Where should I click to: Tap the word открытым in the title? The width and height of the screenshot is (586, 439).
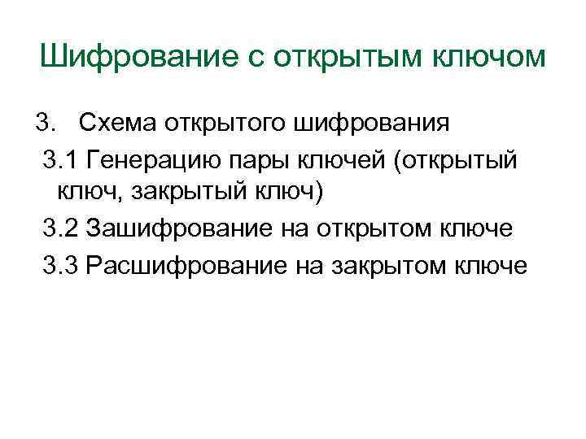coord(353,58)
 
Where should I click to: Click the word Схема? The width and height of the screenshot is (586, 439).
coord(116,124)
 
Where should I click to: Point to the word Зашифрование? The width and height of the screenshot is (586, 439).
coord(173,230)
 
